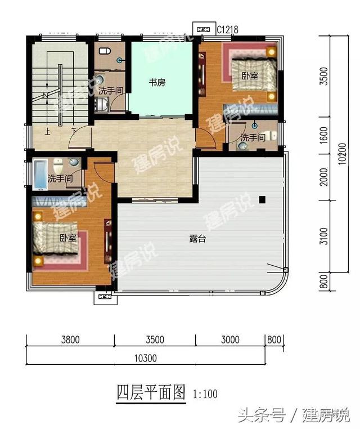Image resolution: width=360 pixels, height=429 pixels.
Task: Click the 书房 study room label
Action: click(x=157, y=83)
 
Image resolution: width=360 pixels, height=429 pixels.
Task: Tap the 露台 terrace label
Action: click(x=196, y=238)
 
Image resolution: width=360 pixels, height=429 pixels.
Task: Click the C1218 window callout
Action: click(x=225, y=28)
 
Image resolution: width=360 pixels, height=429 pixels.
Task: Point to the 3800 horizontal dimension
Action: click(x=70, y=339)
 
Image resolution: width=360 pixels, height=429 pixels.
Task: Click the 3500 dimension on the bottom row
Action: click(x=154, y=339)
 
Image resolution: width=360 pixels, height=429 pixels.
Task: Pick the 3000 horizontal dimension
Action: click(x=231, y=339)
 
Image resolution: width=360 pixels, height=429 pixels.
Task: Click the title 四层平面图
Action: click(x=151, y=392)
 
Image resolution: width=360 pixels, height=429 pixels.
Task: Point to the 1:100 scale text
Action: click(x=205, y=394)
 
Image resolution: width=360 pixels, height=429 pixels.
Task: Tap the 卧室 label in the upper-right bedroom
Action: click(x=250, y=75)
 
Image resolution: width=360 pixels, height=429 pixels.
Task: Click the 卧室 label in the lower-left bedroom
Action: click(x=68, y=238)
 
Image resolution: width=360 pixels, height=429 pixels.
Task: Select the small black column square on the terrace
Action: click(x=262, y=199)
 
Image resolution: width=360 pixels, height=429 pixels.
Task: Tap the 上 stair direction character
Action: click(x=48, y=133)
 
